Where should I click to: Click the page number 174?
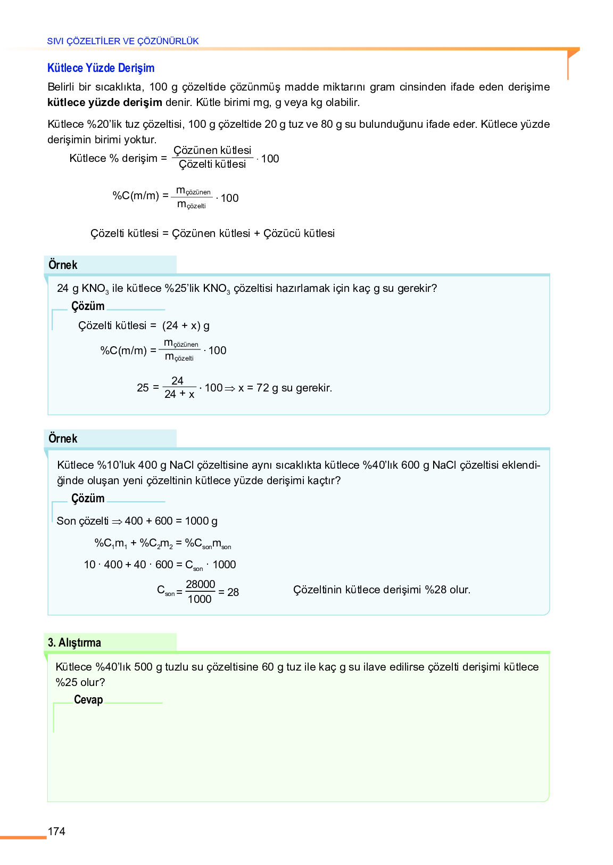(x=56, y=831)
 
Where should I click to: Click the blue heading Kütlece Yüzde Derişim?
(x=101, y=68)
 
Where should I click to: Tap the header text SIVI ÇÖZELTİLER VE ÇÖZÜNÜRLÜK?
(x=123, y=41)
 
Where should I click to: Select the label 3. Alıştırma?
(x=74, y=642)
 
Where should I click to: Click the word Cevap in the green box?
(x=88, y=700)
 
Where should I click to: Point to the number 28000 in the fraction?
(x=200, y=584)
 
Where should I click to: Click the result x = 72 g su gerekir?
(x=285, y=388)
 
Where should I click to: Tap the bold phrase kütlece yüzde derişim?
(x=105, y=102)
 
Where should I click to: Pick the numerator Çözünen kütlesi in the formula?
(x=212, y=150)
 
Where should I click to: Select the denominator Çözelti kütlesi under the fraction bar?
(x=212, y=165)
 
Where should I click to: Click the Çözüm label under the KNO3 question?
(x=88, y=306)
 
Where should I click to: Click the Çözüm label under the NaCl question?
(x=88, y=499)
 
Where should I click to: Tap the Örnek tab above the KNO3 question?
(x=63, y=265)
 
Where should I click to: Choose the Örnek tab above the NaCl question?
(x=63, y=438)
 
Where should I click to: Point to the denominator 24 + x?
(x=179, y=395)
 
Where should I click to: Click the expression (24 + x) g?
(x=186, y=325)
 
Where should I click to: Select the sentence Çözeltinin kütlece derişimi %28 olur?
(x=382, y=590)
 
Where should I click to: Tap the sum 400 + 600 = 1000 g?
(x=171, y=521)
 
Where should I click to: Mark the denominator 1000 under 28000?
(x=200, y=599)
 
